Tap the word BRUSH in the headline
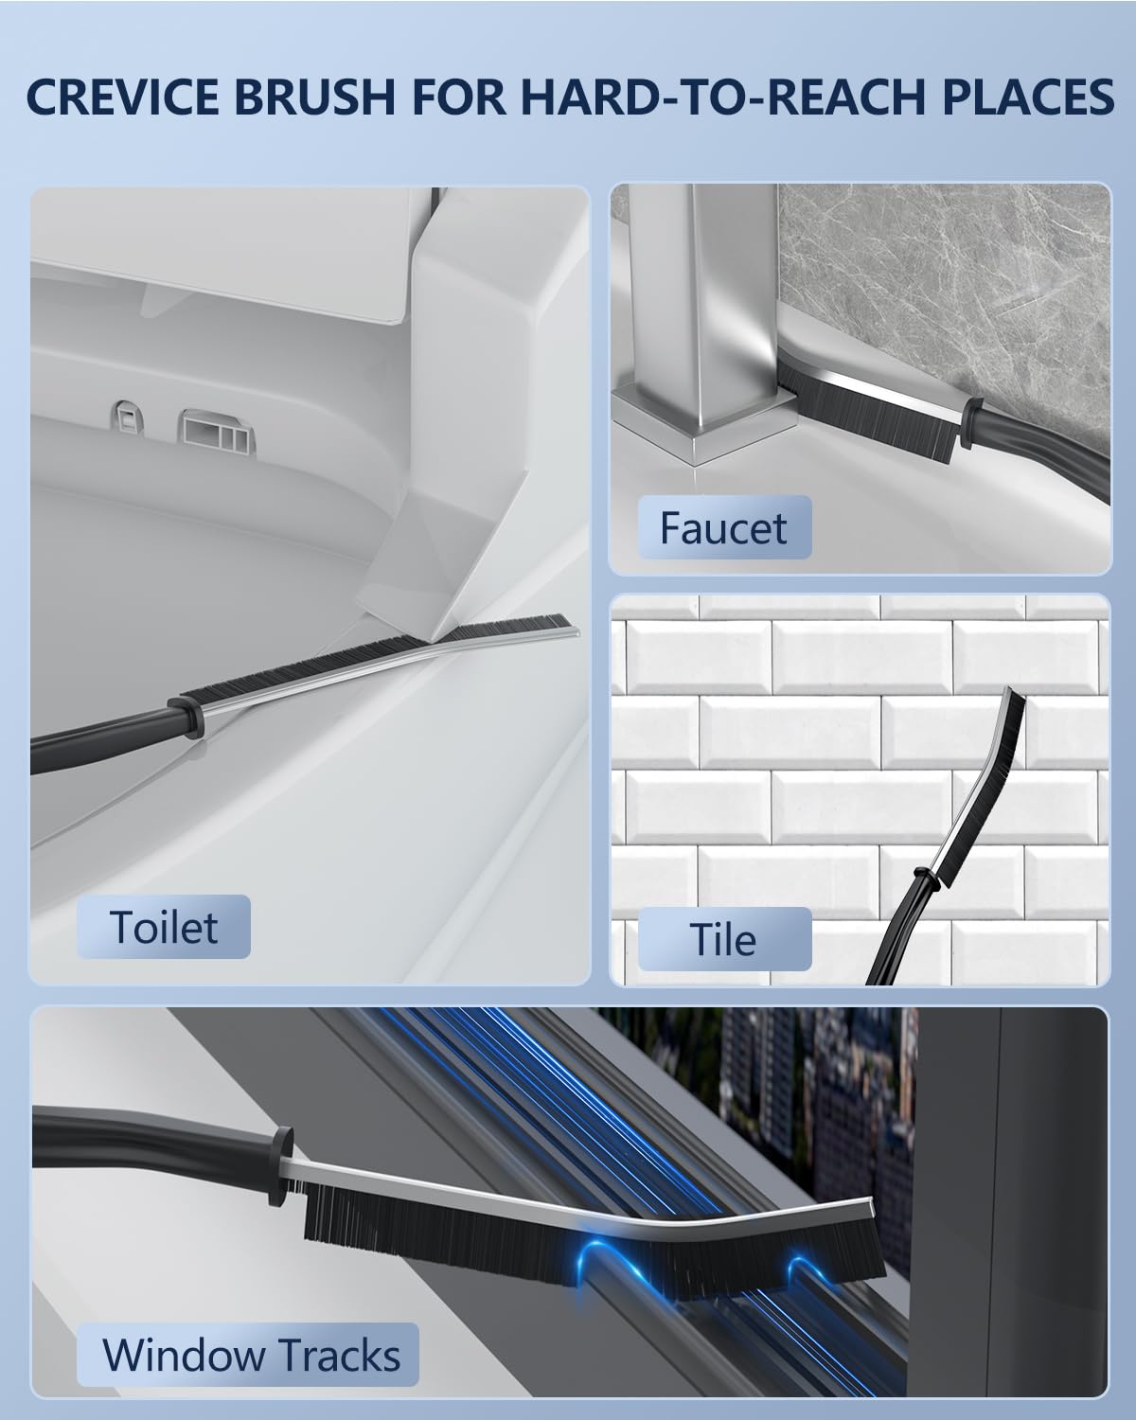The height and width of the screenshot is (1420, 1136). click(314, 97)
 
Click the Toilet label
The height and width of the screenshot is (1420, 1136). click(163, 927)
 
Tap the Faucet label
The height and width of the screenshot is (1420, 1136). click(723, 527)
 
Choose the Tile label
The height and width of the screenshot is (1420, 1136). click(723, 939)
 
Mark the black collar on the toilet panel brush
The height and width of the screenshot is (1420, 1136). click(184, 716)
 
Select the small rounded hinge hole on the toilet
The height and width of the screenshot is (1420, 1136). click(130, 417)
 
